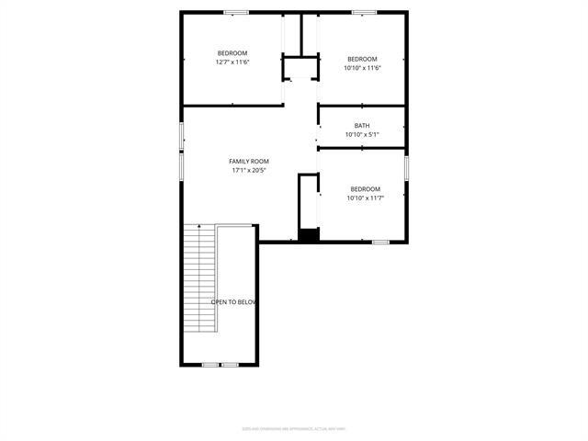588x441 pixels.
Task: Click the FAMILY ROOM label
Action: (x=249, y=161)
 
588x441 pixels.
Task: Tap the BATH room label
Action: (x=362, y=126)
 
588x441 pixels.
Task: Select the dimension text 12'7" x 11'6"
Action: (x=232, y=62)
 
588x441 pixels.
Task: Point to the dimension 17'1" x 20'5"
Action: (x=249, y=170)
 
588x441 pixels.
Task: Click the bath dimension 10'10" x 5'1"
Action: (x=362, y=135)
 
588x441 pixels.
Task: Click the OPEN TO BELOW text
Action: (x=233, y=302)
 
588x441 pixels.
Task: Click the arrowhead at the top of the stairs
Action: (x=198, y=226)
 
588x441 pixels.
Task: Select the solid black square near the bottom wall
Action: (x=309, y=235)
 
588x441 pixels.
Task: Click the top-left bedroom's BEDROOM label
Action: (x=232, y=53)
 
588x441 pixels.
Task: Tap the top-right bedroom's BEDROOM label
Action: (x=362, y=58)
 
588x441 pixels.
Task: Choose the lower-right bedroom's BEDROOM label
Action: (x=364, y=189)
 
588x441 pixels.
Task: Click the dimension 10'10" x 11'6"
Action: (x=362, y=67)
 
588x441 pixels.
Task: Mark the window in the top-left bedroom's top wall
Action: (x=236, y=12)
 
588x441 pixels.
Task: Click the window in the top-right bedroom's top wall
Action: (x=364, y=12)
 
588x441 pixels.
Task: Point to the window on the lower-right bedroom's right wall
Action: (x=406, y=168)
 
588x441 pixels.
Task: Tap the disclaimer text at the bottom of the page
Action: (x=294, y=428)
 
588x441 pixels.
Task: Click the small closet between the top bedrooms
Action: (x=299, y=70)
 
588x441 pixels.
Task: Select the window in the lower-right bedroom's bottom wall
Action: (x=380, y=242)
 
